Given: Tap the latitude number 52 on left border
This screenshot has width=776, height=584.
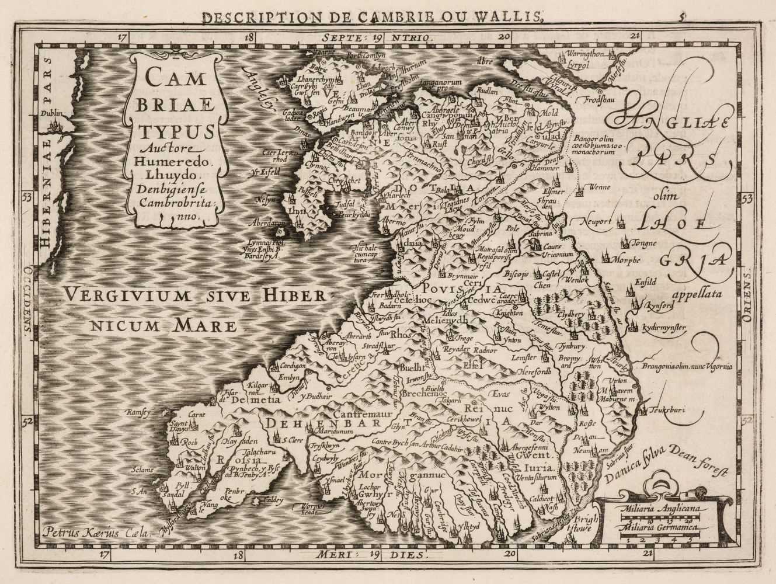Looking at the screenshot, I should [27, 420].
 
